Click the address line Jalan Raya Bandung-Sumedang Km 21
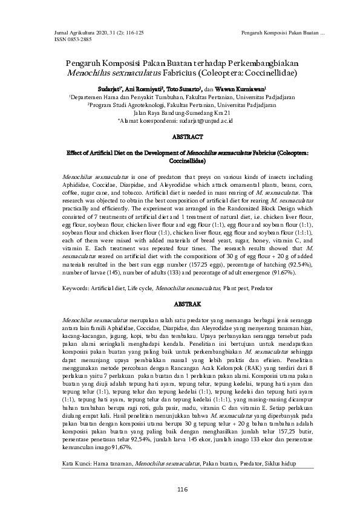(182, 112)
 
